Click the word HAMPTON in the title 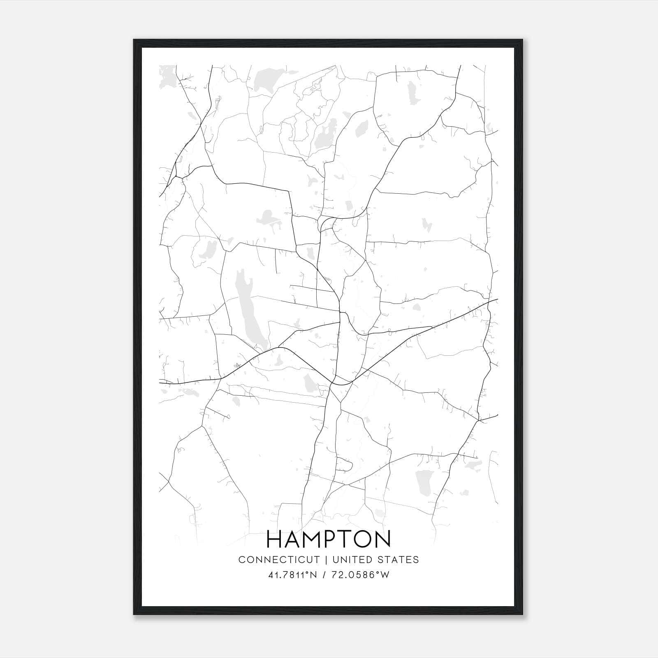pyautogui.click(x=329, y=540)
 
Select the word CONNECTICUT pyautogui.click(x=279, y=560)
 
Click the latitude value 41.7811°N pyautogui.click(x=292, y=575)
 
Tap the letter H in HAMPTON pyautogui.click(x=275, y=540)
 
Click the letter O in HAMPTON pyautogui.click(x=363, y=540)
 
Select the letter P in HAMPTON pyautogui.click(x=331, y=540)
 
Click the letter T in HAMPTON pyautogui.click(x=347, y=540)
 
